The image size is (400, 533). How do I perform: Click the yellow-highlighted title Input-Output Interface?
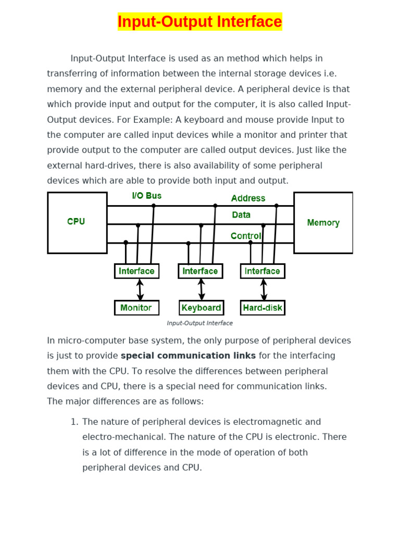[x=199, y=22]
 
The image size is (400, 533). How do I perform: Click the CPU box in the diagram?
[x=77, y=222]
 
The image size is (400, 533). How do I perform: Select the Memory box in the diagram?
[x=323, y=223]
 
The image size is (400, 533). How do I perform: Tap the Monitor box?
[x=136, y=308]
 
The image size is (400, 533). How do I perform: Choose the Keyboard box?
[x=201, y=308]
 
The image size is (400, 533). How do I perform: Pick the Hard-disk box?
[x=262, y=308]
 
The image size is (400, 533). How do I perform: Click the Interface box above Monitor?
[x=136, y=271]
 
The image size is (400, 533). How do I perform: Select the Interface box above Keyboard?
[x=200, y=271]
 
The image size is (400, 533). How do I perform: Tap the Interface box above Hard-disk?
[x=262, y=271]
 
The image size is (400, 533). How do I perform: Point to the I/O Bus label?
[x=146, y=196]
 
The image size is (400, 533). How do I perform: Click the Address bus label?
[x=248, y=198]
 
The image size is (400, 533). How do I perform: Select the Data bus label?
[x=241, y=215]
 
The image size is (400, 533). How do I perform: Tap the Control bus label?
[x=246, y=236]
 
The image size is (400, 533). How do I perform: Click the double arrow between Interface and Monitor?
[x=140, y=289]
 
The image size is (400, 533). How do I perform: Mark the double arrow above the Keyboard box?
[x=202, y=289]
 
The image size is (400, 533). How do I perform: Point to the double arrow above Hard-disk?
[x=264, y=289]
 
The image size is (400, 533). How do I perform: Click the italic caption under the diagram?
[x=199, y=323]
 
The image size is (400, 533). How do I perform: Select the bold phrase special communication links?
[x=188, y=356]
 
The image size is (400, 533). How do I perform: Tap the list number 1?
[x=74, y=422]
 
